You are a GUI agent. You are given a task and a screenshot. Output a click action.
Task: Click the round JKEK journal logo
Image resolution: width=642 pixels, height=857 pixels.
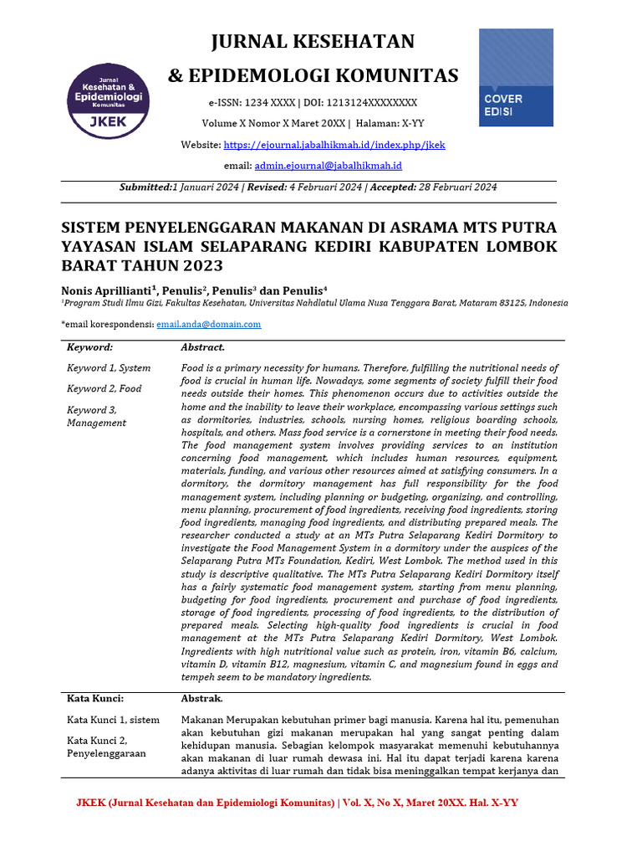(109, 101)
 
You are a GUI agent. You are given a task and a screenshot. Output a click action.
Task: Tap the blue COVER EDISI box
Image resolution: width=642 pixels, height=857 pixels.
(516, 78)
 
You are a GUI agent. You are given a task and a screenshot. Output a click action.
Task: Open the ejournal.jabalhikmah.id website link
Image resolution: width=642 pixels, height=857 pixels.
(334, 145)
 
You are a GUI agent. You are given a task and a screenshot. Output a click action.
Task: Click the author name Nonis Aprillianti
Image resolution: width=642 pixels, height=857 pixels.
(106, 289)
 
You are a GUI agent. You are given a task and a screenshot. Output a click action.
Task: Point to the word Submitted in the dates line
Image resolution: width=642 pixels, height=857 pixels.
(145, 187)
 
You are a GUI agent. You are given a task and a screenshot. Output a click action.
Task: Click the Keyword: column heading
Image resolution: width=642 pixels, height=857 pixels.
(89, 347)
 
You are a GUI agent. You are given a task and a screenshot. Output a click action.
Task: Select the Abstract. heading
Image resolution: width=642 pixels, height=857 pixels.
(202, 347)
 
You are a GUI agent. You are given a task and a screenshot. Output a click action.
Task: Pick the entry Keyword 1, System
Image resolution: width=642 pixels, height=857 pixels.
(109, 367)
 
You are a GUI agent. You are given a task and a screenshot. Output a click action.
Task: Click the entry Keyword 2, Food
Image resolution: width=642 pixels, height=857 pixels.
(104, 388)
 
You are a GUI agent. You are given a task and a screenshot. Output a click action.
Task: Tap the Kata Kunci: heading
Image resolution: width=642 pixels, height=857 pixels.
(95, 698)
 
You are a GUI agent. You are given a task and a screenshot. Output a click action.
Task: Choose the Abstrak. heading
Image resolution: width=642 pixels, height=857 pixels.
(201, 698)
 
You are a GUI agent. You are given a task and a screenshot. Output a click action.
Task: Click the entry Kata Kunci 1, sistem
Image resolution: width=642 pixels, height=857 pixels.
(113, 719)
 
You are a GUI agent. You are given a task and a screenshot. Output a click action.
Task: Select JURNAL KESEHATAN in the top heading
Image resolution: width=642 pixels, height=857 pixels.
(313, 42)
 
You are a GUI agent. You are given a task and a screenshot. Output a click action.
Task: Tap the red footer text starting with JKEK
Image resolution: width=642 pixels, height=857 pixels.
(297, 803)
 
